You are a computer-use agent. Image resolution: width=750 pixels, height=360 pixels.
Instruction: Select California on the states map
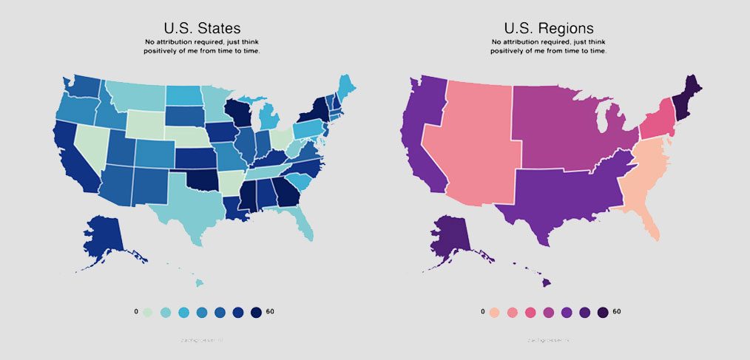click(70, 159)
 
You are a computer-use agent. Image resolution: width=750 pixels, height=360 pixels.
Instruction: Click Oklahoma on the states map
click(203, 180)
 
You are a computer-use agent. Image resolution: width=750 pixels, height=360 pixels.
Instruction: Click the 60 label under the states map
click(270, 312)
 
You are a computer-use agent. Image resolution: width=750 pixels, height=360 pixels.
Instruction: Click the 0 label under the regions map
click(482, 312)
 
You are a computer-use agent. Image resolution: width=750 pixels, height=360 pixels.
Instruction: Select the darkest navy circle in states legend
click(256, 312)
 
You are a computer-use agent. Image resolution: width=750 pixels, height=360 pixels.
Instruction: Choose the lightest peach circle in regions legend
click(495, 312)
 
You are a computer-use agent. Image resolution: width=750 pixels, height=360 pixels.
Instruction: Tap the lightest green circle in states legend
click(149, 312)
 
